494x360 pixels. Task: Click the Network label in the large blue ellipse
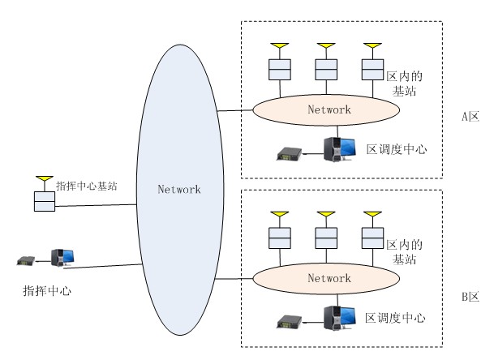pyautogui.click(x=178, y=189)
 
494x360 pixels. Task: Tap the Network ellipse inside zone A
pyautogui.click(x=329, y=108)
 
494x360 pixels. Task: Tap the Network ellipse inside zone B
pyautogui.click(x=329, y=278)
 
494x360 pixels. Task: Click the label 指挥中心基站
pyautogui.click(x=87, y=186)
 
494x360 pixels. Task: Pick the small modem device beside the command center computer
pyautogui.click(x=27, y=260)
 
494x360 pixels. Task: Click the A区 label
pyautogui.click(x=470, y=116)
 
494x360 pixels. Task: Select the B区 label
pyautogui.click(x=470, y=297)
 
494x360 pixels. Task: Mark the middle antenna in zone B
pyautogui.click(x=325, y=215)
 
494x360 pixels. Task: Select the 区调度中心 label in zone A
pyautogui.click(x=397, y=149)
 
